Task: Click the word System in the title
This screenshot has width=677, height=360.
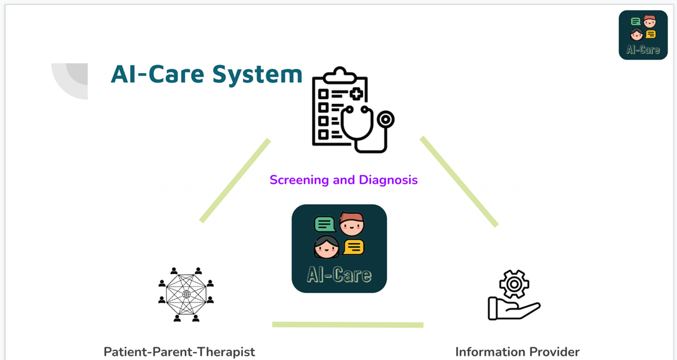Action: (257, 75)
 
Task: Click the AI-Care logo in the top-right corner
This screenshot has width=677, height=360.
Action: (643, 35)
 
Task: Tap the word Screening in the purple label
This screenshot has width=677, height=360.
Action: (299, 180)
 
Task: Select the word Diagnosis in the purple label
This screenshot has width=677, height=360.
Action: (388, 180)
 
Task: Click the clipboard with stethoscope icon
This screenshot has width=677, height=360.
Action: (353, 110)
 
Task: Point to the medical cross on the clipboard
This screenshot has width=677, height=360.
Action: (356, 94)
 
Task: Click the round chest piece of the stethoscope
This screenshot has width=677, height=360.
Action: (386, 119)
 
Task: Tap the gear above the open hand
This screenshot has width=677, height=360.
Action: (514, 284)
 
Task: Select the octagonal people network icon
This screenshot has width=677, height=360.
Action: (186, 294)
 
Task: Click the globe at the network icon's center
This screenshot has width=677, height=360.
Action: (187, 294)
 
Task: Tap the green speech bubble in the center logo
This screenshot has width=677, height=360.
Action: (325, 224)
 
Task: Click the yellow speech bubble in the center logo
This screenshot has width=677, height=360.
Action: (353, 247)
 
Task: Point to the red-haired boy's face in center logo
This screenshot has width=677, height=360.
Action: (352, 224)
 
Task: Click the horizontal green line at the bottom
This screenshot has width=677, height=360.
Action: (348, 325)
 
